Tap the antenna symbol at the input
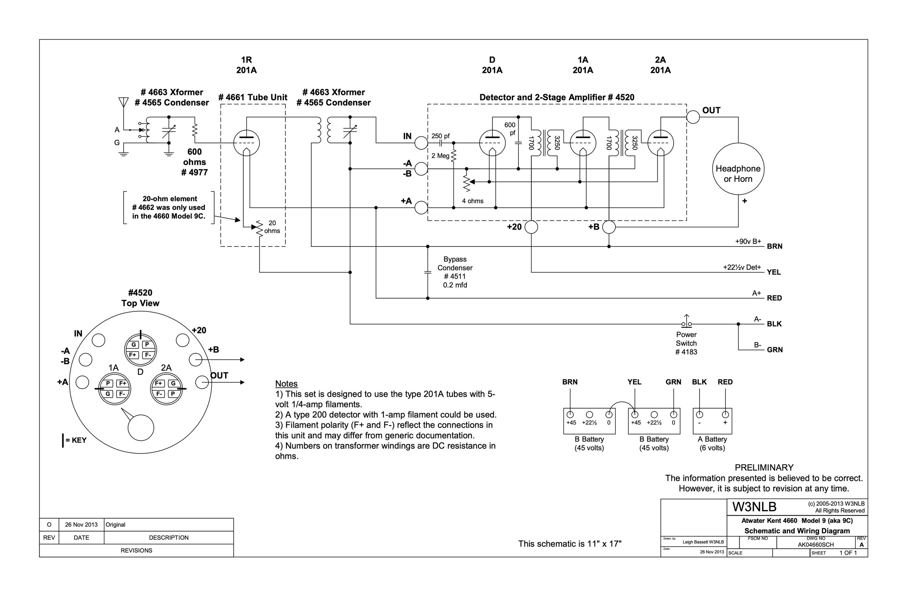123,102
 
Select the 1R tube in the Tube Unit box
246,143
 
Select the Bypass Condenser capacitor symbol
428,272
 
